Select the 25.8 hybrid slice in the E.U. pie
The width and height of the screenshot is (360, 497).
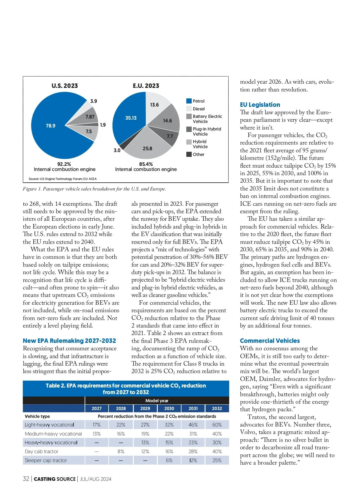147,148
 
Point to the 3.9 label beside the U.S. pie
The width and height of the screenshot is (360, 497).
94,101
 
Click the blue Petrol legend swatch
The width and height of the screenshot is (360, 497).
189,101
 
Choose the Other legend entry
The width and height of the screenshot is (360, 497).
198,154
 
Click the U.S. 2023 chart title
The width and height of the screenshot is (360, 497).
64,86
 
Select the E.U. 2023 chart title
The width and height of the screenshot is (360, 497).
146,86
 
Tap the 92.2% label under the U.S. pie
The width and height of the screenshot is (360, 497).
64,164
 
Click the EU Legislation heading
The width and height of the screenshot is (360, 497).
260,105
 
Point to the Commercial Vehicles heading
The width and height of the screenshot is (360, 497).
270,341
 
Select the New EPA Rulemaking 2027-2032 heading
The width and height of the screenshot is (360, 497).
69,341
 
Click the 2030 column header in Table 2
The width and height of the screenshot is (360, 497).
169,409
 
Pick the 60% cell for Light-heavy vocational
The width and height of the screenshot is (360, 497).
217,425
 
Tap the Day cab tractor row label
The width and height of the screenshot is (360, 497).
42,451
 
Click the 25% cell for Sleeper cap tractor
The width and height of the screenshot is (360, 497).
217,460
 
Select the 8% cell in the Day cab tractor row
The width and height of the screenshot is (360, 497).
121,451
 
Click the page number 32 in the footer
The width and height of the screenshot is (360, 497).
26,479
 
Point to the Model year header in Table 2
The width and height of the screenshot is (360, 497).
157,401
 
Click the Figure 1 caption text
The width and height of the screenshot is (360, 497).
94,189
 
